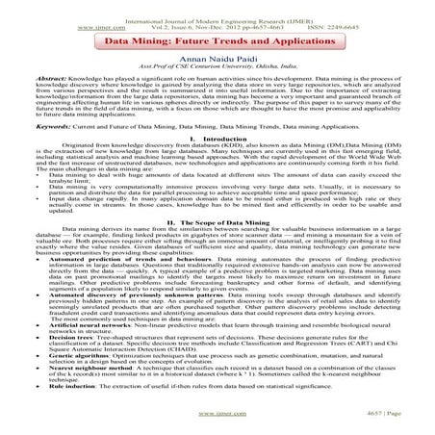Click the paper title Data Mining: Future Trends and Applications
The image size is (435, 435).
tap(217, 42)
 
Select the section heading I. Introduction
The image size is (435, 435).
tap(217, 138)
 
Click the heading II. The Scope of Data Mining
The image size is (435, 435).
tap(217, 220)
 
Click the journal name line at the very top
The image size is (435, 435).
tap(217, 10)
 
